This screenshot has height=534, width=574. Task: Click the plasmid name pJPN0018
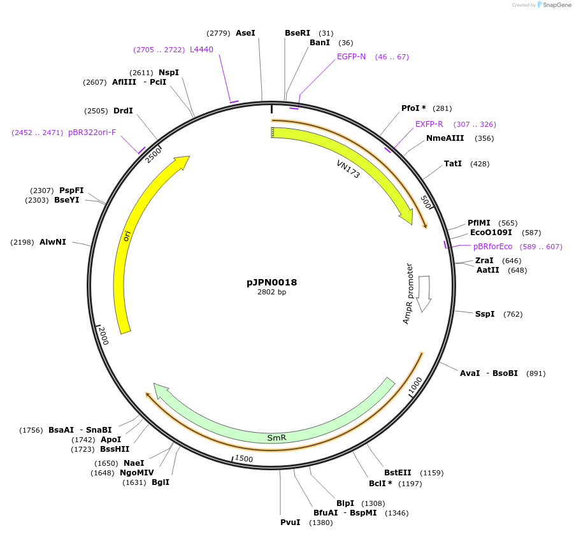coord(271,282)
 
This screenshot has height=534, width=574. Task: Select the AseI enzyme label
coord(245,32)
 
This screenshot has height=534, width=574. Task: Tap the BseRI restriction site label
coord(298,32)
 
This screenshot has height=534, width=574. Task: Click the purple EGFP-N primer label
coord(352,56)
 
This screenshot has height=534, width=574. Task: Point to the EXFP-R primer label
coord(429,124)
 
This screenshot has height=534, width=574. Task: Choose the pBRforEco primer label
coord(492,247)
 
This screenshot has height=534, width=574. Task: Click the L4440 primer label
coord(201,49)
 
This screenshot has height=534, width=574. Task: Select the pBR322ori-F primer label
coord(92,133)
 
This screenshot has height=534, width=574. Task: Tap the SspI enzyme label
coord(485,314)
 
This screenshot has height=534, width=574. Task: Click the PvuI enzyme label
coord(291,523)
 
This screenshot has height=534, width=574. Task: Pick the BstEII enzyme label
coord(398,472)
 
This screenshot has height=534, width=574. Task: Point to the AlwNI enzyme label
coord(52,242)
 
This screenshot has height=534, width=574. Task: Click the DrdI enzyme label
coord(123,111)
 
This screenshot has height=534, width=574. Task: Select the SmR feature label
coord(276,438)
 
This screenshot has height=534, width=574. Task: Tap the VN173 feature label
coord(348,170)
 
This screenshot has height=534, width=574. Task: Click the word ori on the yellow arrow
coord(127,236)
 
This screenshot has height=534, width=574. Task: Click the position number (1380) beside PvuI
coord(320,523)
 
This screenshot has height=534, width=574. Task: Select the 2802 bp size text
coord(271,292)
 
